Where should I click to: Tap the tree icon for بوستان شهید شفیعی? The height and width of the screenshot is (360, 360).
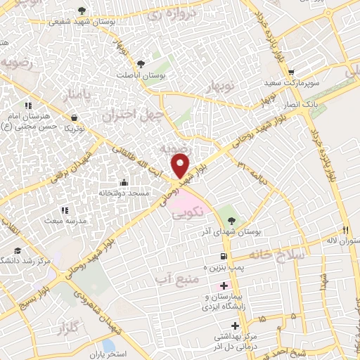pyautogui.click(x=83, y=10)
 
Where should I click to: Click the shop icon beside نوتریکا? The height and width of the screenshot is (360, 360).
pyautogui.click(x=75, y=117)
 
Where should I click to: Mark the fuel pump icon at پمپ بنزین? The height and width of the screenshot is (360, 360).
pyautogui.click(x=224, y=257)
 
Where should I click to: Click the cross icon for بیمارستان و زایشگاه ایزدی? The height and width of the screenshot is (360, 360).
pyautogui.click(x=224, y=285)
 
